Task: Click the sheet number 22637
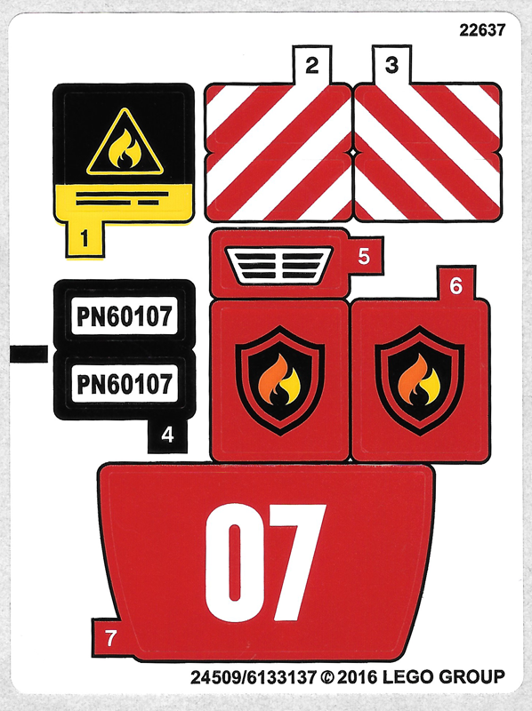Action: tap(482, 30)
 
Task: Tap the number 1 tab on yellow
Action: tap(85, 238)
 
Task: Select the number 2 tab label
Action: tap(312, 65)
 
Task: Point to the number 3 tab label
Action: tap(391, 64)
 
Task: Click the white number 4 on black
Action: tap(167, 435)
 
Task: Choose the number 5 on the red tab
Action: tap(364, 256)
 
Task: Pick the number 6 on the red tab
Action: tap(455, 285)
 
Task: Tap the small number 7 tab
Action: tap(110, 638)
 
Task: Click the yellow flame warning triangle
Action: tap(125, 141)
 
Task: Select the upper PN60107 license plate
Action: tap(125, 316)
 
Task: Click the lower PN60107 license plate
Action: tap(125, 384)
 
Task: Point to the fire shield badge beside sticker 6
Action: tap(279, 380)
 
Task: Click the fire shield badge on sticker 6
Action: tap(419, 380)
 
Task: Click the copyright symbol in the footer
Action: tap(326, 677)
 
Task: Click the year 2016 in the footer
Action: tap(357, 677)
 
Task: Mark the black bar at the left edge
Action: tap(28, 354)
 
